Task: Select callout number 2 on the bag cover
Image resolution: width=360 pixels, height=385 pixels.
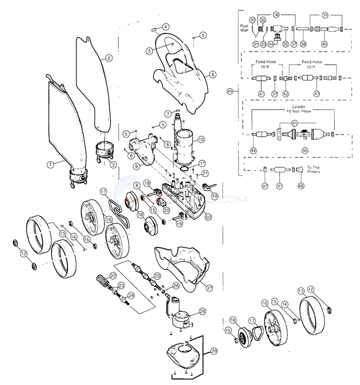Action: (109, 58)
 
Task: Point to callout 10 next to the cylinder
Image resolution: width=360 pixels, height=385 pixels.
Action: (201, 139)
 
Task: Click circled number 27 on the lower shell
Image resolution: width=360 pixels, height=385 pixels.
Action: (209, 288)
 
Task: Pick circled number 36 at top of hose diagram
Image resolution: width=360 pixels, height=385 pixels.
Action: (276, 15)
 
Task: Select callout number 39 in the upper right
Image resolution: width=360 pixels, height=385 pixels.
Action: (325, 15)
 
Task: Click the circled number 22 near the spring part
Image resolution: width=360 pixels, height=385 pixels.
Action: (112, 275)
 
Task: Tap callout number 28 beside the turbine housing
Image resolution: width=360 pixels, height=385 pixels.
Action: (202, 312)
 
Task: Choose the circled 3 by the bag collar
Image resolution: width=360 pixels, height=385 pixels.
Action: (112, 164)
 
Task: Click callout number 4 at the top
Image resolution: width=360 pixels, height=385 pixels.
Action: (166, 26)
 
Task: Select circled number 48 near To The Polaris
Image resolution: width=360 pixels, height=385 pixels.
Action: (301, 186)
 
